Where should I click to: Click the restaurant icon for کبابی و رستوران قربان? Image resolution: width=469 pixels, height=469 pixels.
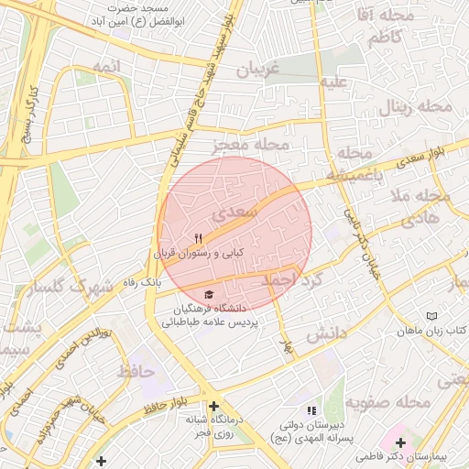(198, 238)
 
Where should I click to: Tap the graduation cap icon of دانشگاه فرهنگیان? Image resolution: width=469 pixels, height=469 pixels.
(210, 295)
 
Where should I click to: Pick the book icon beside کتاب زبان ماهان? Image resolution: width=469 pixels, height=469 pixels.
(432, 316)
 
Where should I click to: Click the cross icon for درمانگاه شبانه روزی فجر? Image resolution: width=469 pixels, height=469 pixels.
(213, 406)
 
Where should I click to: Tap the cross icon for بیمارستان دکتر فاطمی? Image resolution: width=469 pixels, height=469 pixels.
(400, 442)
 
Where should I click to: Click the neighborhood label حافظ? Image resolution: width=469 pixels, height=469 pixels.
(136, 372)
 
